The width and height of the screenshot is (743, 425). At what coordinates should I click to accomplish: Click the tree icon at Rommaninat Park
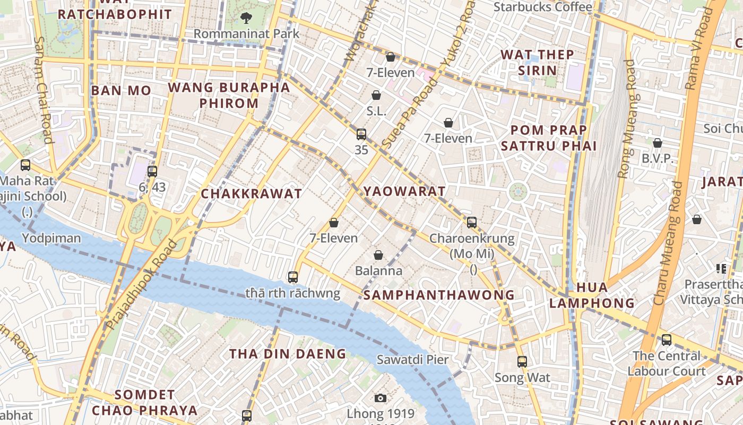(246, 18)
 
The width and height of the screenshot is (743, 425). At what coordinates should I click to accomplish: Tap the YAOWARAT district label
(404, 191)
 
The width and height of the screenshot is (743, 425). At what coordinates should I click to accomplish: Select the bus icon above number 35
(361, 134)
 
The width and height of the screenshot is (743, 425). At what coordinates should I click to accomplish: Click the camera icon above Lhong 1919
(381, 398)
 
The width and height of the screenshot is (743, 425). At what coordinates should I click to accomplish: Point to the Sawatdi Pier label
(412, 359)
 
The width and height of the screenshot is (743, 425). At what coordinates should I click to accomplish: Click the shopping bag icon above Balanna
(378, 256)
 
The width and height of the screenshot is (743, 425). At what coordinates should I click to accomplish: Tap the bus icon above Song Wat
(522, 362)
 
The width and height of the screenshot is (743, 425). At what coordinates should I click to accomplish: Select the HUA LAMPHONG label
(592, 295)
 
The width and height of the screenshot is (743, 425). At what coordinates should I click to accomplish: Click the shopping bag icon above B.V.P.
(658, 143)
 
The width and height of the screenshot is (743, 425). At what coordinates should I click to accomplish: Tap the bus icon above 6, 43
(152, 171)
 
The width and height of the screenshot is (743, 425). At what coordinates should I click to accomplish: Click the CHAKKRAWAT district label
(251, 194)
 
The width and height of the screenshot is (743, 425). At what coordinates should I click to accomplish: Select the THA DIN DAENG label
(287, 354)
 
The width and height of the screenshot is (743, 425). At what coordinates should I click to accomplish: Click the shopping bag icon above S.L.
(376, 95)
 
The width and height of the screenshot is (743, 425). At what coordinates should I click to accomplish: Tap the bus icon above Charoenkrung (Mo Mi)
(472, 223)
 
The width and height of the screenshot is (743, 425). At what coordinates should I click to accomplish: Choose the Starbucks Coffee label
(542, 7)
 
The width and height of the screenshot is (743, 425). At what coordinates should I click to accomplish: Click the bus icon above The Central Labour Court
(666, 340)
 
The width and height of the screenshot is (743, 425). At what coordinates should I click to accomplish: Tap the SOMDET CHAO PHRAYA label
(145, 402)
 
